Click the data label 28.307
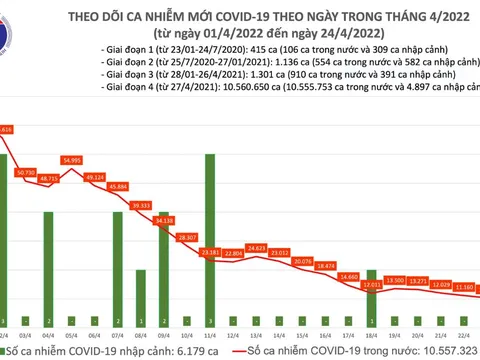tap(185, 237)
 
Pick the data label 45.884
tap(117, 187)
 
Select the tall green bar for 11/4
tap(209, 230)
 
